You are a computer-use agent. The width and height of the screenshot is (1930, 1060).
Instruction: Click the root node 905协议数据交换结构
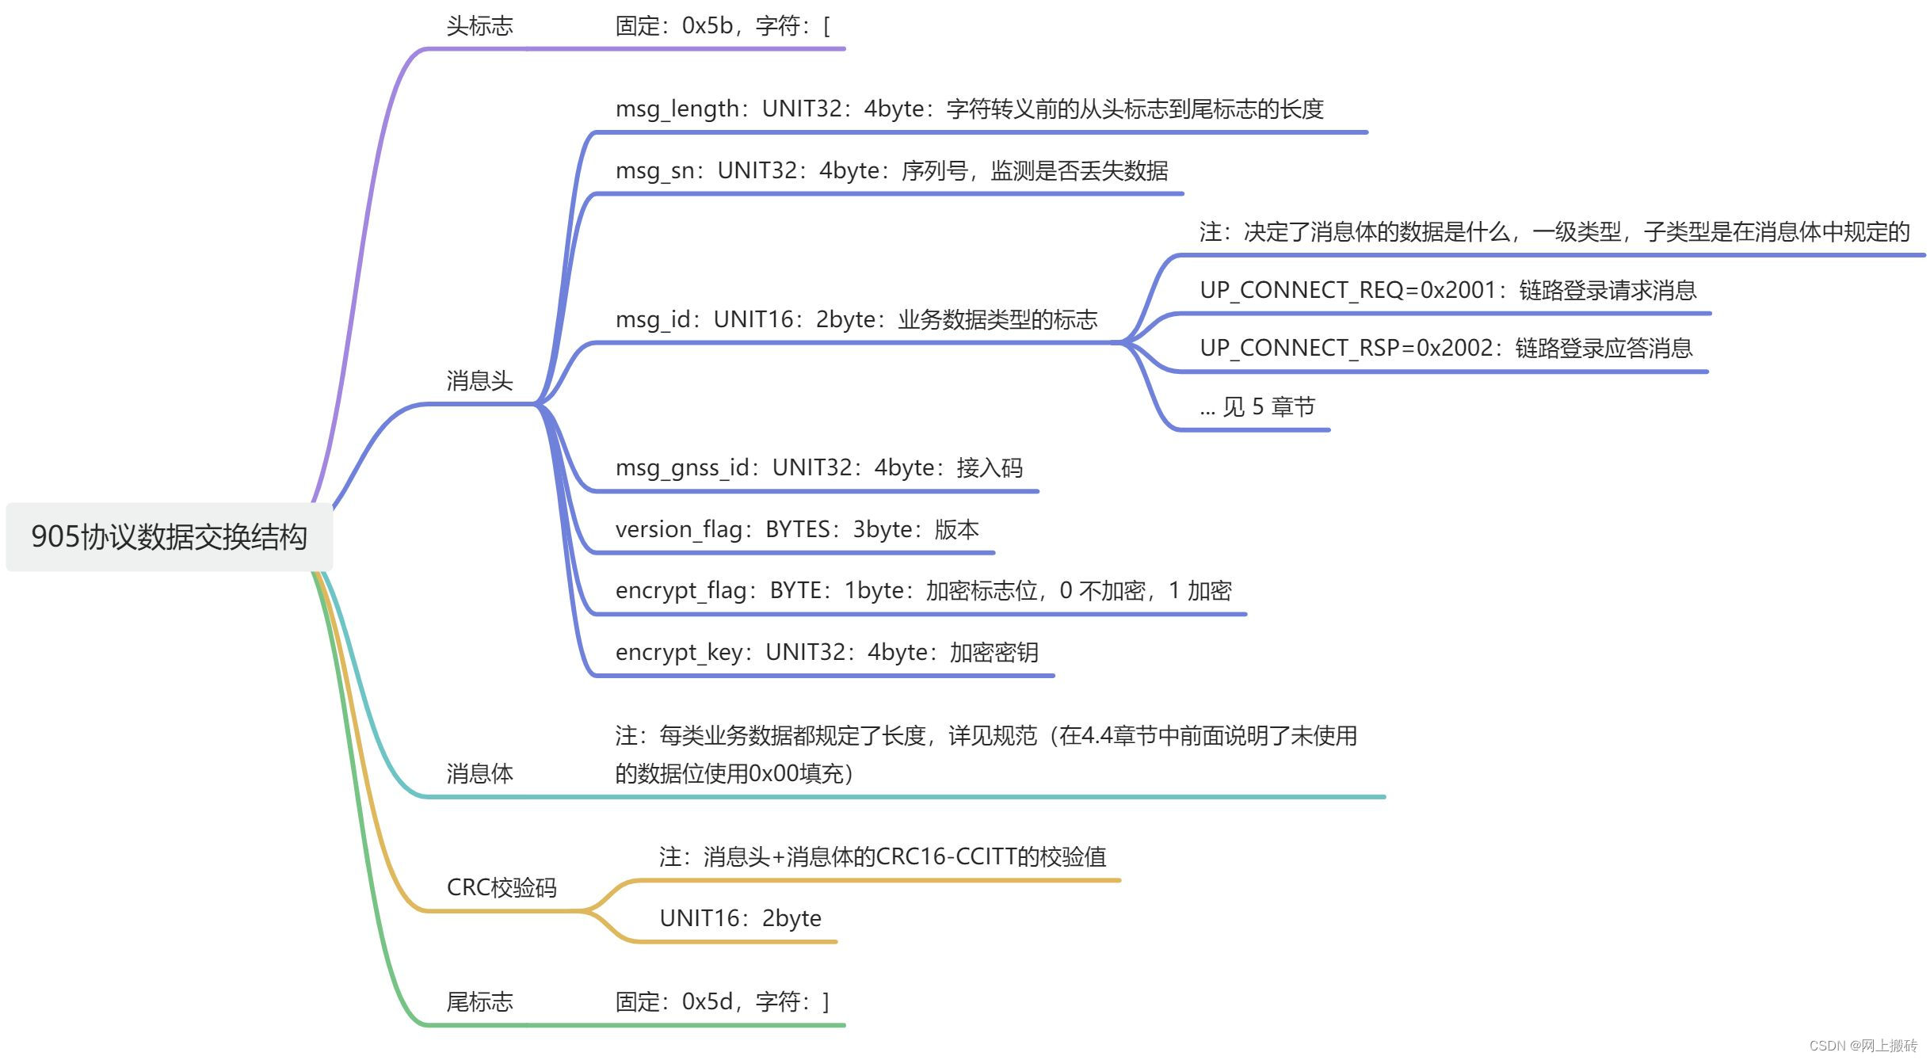[169, 536]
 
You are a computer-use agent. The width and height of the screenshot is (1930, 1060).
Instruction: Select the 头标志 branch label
[479, 26]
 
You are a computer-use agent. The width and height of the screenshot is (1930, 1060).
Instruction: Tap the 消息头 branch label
[479, 381]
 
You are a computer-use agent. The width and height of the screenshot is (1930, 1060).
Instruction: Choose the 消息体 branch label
[479, 773]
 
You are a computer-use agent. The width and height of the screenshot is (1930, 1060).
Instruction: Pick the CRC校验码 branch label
[502, 887]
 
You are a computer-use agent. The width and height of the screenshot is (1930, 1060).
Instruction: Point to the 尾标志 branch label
[479, 1002]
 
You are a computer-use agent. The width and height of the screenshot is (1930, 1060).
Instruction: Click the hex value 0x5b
[707, 26]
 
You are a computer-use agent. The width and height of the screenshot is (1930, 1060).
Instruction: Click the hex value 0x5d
[707, 1002]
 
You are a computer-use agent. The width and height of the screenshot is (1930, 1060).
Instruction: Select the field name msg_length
[677, 109]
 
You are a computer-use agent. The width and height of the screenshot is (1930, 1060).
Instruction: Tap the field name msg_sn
[655, 171]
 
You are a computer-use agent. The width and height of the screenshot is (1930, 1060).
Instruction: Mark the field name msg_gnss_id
[682, 467]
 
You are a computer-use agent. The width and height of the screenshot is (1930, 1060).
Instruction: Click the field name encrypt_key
[678, 653]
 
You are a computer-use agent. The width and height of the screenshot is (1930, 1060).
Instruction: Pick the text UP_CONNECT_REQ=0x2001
[1347, 291]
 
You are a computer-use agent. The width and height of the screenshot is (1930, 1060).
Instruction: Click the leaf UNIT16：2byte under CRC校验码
[740, 919]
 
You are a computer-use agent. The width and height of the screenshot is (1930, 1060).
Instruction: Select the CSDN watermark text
[1863, 1046]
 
